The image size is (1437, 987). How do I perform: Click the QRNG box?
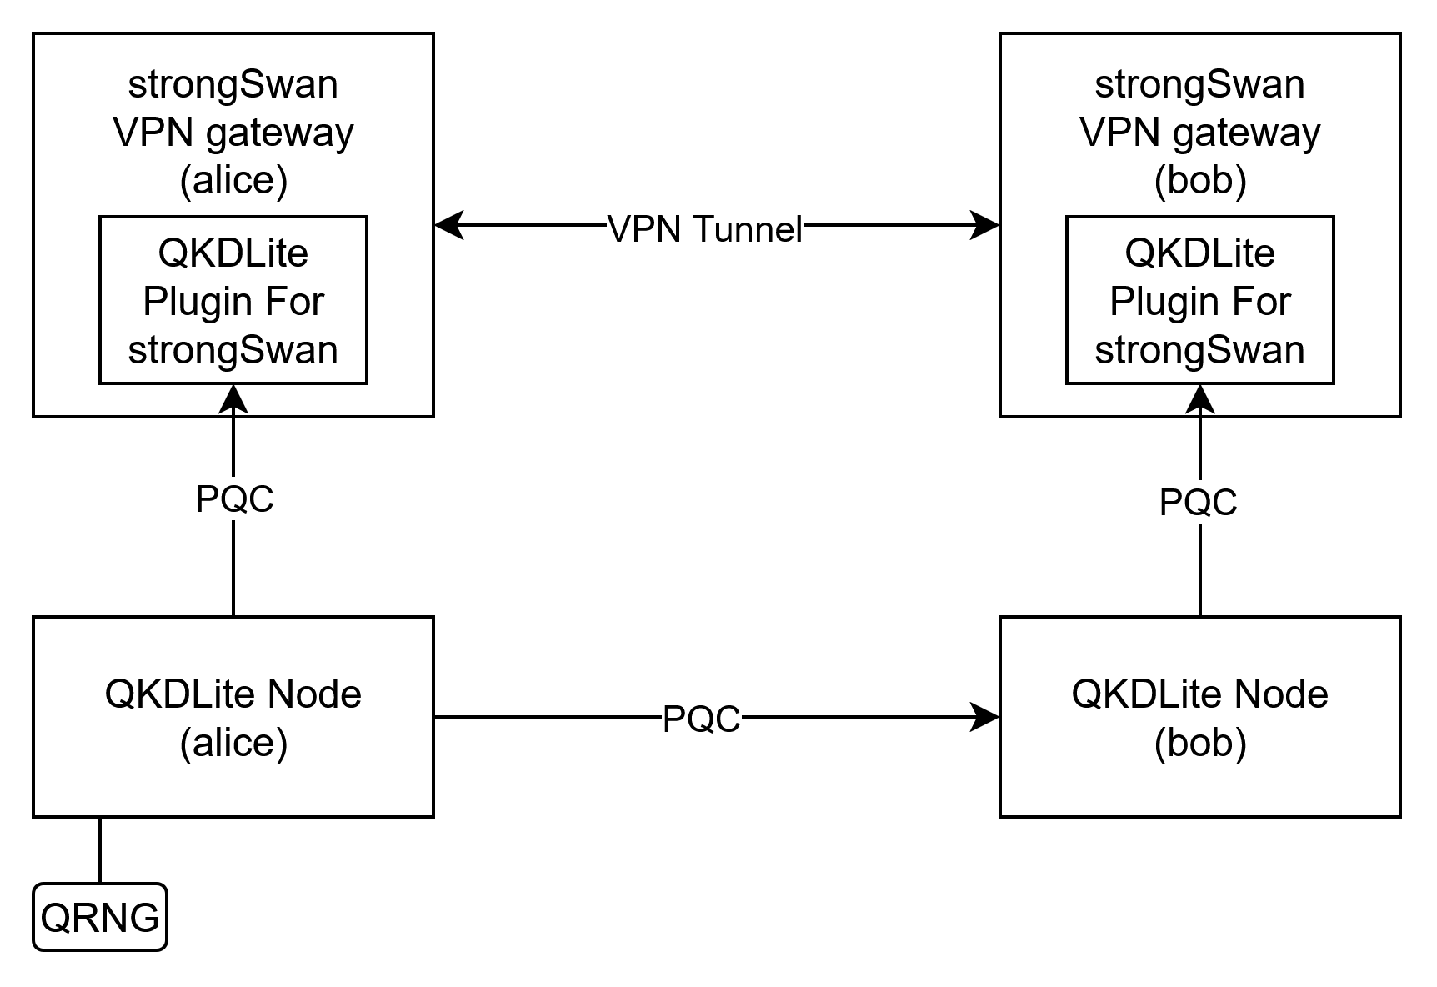pyautogui.click(x=99, y=917)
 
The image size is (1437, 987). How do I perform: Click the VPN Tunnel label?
pyautogui.click(x=704, y=228)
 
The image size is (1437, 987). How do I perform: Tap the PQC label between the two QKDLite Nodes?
pyautogui.click(x=701, y=719)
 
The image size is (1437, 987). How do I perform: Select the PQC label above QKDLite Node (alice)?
pyautogui.click(x=234, y=499)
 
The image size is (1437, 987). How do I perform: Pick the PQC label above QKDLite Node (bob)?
pyautogui.click(x=1198, y=502)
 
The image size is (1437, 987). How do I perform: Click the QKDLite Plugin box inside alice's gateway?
pyautogui.click(x=233, y=300)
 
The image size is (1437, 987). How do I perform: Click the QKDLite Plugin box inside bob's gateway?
pyautogui.click(x=1199, y=300)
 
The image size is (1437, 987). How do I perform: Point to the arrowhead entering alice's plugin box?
pyautogui.click(x=233, y=398)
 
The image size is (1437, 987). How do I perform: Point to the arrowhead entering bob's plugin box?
pyautogui.click(x=1199, y=398)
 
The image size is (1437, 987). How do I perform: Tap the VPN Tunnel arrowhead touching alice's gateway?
pyautogui.click(x=448, y=225)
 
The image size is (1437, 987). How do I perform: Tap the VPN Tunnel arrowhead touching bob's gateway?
pyautogui.click(x=985, y=225)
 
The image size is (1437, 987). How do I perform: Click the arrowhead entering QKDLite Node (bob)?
pyautogui.click(x=985, y=717)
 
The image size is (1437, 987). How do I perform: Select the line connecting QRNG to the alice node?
pyautogui.click(x=100, y=850)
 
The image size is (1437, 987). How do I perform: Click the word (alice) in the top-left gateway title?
pyautogui.click(x=233, y=180)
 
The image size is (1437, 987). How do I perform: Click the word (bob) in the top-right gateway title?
pyautogui.click(x=1199, y=180)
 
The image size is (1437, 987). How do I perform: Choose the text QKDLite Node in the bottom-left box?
pyautogui.click(x=233, y=694)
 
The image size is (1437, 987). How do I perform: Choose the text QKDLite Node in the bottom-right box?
pyautogui.click(x=1199, y=694)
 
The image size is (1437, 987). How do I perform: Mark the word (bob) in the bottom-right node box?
pyautogui.click(x=1199, y=742)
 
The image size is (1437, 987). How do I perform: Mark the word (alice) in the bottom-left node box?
pyautogui.click(x=233, y=742)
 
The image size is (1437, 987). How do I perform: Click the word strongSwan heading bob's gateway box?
pyautogui.click(x=1199, y=84)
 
